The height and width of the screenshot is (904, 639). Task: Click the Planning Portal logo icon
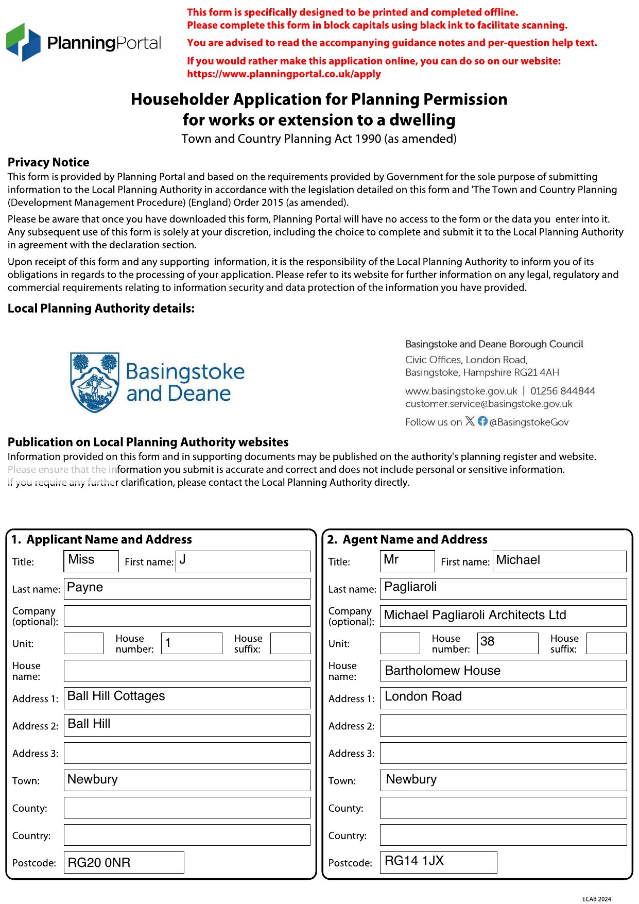coord(23,42)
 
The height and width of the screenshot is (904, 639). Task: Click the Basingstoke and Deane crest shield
coord(95,382)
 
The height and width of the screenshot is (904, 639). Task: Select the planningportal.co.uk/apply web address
coord(284,74)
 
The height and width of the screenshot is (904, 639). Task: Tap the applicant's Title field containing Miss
coord(91,561)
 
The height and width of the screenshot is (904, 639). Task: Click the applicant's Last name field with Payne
coord(187,588)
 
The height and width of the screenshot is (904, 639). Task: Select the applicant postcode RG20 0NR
coord(124,862)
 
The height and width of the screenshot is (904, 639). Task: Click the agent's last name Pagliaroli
coord(503,588)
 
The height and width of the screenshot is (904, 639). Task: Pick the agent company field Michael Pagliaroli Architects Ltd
coord(503,616)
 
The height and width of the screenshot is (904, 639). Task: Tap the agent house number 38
coord(507,643)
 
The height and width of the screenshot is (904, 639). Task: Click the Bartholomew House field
coord(503,671)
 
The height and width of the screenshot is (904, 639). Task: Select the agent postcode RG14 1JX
coord(438,862)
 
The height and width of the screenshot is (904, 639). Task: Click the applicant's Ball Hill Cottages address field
coord(187,698)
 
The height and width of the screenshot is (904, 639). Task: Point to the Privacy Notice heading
coord(48,162)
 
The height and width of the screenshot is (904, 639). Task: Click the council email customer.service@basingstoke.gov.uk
coord(489,404)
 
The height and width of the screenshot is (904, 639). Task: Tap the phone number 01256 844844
coord(563,391)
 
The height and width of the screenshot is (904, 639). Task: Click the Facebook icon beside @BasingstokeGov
coord(482,421)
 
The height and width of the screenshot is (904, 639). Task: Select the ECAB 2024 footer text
coord(596,899)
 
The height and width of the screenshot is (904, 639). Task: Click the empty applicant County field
coord(187,808)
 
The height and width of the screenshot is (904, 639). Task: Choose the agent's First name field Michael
coord(560,561)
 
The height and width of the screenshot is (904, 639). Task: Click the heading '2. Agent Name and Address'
coord(407,539)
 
